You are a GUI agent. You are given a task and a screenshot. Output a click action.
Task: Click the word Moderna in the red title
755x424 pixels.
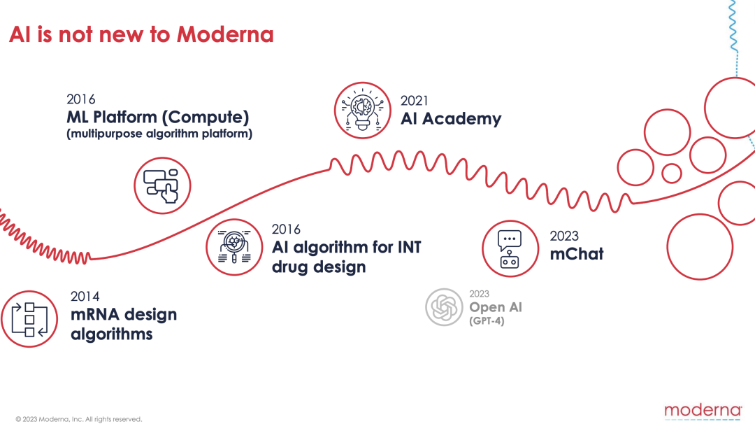[225, 34]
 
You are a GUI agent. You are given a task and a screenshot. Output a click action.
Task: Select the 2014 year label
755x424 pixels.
[85, 297]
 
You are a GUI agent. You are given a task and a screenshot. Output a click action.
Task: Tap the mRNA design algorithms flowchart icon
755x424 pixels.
[29, 319]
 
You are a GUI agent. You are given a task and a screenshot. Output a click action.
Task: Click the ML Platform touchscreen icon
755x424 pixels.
[162, 185]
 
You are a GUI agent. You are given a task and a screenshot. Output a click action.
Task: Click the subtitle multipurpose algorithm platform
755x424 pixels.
[159, 134]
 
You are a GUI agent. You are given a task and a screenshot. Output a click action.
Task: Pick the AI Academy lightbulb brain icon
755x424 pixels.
[363, 111]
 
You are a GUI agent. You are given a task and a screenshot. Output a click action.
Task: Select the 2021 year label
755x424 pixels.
[414, 101]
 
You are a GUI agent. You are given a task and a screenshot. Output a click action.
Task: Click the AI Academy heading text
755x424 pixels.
[451, 118]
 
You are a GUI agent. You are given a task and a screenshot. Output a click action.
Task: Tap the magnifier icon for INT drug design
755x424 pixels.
[234, 247]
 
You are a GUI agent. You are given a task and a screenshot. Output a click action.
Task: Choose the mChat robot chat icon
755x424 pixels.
[510, 248]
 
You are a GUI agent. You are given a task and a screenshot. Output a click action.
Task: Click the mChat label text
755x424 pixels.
[576, 254]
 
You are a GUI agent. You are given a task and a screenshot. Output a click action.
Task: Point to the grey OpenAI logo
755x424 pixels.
[444, 307]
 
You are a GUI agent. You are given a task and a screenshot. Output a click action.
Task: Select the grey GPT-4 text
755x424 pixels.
[487, 321]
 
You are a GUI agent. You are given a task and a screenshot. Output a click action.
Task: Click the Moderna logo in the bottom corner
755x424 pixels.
[703, 411]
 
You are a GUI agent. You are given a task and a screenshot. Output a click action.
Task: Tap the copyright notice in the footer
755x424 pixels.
[78, 419]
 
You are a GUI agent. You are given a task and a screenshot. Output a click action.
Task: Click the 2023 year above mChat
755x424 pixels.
[564, 236]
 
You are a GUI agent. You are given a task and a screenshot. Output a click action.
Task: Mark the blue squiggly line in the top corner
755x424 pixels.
[733, 26]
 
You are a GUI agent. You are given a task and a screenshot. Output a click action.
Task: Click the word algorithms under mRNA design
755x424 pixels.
[112, 334]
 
